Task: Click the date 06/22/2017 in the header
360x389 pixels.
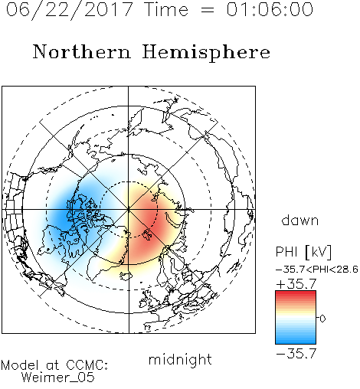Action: coord(69,9)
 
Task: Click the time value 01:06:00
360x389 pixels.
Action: coord(270,9)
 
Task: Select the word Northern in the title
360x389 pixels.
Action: coord(82,52)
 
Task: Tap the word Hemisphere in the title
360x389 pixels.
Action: coord(206,52)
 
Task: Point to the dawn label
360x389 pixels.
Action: coord(300,221)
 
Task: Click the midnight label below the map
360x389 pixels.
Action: coord(180,359)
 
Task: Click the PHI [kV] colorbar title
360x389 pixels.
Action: coord(303,252)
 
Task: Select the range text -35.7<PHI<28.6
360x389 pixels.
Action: coord(317,270)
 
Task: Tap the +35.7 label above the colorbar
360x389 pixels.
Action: coord(296,284)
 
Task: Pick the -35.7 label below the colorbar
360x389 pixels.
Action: coord(296,354)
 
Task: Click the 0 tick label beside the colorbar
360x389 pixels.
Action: coord(322,319)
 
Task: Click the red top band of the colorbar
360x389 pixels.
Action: coord(296,295)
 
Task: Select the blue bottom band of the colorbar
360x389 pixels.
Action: coord(296,339)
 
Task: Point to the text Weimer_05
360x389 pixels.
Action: coord(58,378)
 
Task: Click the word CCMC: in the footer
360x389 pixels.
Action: coord(87,365)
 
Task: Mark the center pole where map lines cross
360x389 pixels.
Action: coord(129,209)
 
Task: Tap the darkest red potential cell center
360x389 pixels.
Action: coord(151,220)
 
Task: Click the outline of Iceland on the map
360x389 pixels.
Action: coord(126,276)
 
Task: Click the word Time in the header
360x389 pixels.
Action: coord(166,9)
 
